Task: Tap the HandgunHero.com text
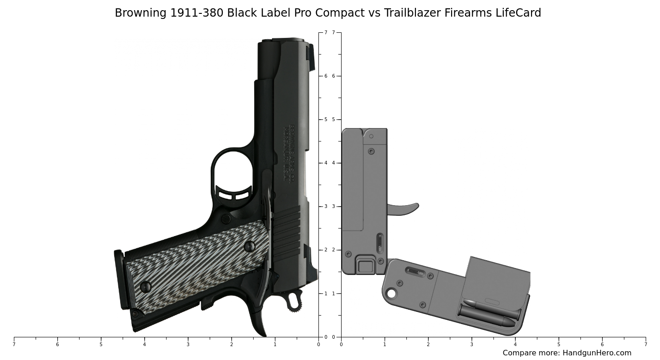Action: pyautogui.click(x=597, y=353)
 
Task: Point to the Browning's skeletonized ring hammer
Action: pyautogui.click(x=293, y=301)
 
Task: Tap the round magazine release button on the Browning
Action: pyautogui.click(x=226, y=219)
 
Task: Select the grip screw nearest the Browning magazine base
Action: pyautogui.click(x=145, y=287)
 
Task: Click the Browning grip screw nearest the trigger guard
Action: pyautogui.click(x=249, y=246)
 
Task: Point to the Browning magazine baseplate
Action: pyautogui.click(x=119, y=279)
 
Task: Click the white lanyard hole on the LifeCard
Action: pyautogui.click(x=391, y=293)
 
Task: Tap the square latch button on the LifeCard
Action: pyautogui.click(x=366, y=266)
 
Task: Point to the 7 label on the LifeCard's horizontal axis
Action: pyautogui.click(x=645, y=344)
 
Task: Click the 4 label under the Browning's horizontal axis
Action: pyautogui.click(x=144, y=344)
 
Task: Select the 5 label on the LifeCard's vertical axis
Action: pyautogui.click(x=333, y=119)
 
